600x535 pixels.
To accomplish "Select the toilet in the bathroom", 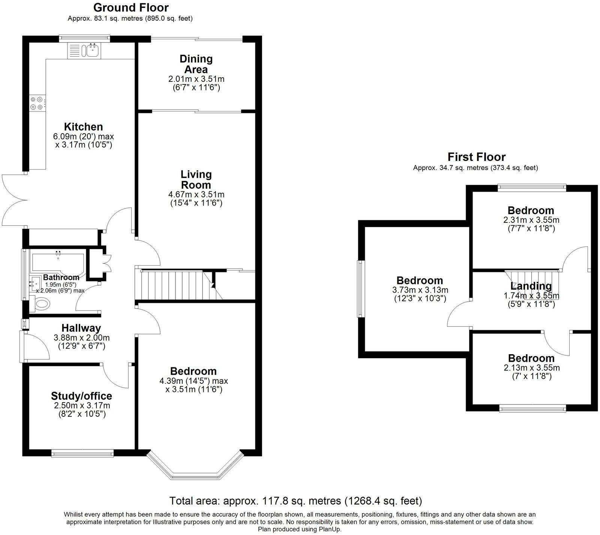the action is [40, 304].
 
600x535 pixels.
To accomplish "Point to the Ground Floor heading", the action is [131, 8].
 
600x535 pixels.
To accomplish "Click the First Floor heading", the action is [476, 157].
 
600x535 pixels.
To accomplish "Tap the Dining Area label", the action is [196, 64].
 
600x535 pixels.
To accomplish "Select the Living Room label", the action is [196, 179].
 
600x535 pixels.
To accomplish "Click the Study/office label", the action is [81, 396].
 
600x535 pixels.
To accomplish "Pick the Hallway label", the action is [81, 328].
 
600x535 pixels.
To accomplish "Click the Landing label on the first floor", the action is [531, 286].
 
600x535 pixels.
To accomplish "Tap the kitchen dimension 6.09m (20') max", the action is [84, 136].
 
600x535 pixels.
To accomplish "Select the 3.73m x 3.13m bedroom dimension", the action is [420, 290].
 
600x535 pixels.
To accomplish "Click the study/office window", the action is [82, 454].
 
